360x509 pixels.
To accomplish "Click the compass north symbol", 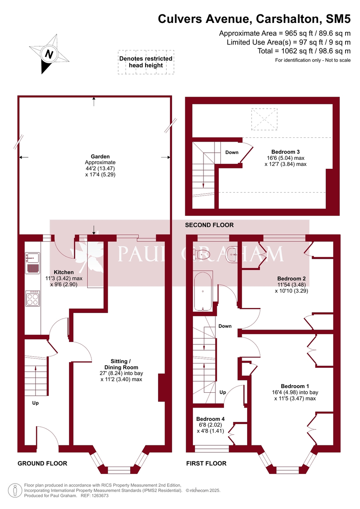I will (49, 54).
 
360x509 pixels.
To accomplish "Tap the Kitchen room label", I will (63, 272).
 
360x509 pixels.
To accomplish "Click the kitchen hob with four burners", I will (33, 299).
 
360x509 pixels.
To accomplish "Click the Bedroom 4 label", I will (210, 419).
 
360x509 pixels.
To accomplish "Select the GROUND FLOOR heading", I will (42, 463).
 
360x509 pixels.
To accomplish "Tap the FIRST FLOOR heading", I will (206, 463).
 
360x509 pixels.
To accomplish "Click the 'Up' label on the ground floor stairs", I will (36, 403).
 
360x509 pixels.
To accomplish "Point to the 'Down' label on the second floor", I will (232, 152).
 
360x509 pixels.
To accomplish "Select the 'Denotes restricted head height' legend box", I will (146, 62).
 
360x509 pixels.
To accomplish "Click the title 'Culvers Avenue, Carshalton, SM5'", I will (254, 19).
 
